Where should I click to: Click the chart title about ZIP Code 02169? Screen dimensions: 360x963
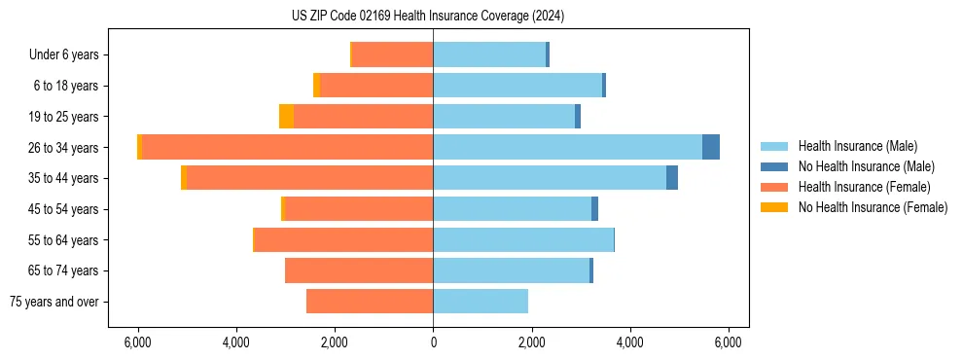click(427, 17)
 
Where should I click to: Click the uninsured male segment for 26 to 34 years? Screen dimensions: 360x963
click(711, 147)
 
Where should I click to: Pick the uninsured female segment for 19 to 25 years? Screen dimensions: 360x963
click(286, 117)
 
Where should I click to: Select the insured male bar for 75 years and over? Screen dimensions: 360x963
click(481, 302)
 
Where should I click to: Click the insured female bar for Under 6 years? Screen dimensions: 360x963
click(392, 54)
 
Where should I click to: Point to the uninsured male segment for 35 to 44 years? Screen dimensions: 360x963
click(672, 178)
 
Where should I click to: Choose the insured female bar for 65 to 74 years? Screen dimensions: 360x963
click(359, 270)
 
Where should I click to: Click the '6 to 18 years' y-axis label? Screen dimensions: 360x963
click(66, 86)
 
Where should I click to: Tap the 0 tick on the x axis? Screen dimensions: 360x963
click(433, 342)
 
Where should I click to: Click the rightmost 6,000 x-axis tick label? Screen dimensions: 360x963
click(729, 342)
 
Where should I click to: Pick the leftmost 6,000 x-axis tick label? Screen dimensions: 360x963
click(138, 342)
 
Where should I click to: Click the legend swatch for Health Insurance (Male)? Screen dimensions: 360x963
click(775, 146)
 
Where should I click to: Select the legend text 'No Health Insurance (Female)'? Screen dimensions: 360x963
click(873, 207)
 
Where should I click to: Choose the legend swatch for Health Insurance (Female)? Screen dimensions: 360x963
click(775, 187)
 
